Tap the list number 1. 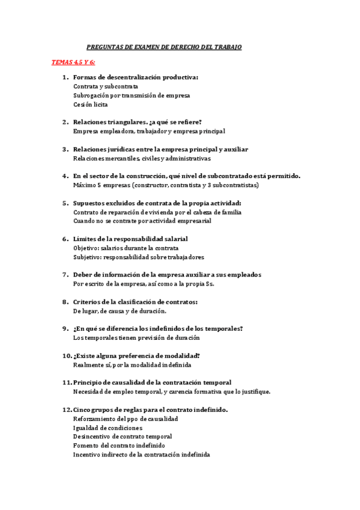(x=65, y=77)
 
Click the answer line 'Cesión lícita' (x=90, y=105)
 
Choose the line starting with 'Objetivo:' (x=126, y=248)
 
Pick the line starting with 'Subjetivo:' (x=138, y=257)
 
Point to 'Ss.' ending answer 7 (x=210, y=284)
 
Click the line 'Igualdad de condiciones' (x=108, y=428)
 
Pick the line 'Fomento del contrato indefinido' (x=119, y=446)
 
